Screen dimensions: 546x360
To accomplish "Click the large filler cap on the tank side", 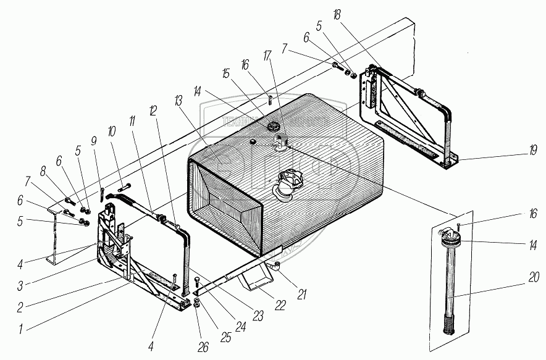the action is pos(288,183).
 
